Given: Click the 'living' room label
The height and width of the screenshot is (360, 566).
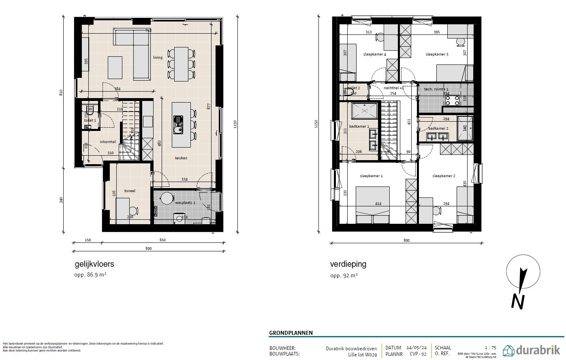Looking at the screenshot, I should tap(158, 58).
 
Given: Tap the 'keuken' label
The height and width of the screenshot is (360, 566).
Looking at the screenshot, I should tap(181, 158).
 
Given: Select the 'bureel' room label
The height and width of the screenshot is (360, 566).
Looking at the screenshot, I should tap(130, 191).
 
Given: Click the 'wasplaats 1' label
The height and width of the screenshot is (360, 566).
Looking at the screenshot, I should tap(185, 202).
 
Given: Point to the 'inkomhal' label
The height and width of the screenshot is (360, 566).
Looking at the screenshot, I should tap(108, 142).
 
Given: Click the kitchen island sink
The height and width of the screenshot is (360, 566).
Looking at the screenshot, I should tap(178, 125).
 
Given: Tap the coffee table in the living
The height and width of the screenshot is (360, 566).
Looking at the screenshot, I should tap(115, 67).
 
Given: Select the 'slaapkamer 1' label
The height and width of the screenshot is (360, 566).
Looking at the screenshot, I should tap(371, 176).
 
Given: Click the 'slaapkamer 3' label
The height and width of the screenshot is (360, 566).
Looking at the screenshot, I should tap(437, 54).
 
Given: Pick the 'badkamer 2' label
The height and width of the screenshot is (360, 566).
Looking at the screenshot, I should tap(438, 129).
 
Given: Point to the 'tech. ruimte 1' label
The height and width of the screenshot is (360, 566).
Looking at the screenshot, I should tap(436, 89).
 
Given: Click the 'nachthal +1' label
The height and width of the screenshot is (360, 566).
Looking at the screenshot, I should tap(393, 88).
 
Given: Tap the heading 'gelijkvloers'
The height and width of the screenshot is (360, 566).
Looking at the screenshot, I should tap(94, 264).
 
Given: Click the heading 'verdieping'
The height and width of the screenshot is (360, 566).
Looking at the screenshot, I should tap(348, 264).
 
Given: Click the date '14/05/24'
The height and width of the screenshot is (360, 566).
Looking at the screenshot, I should tap(417, 348).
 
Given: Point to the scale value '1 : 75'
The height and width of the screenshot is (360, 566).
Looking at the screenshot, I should tap(490, 348).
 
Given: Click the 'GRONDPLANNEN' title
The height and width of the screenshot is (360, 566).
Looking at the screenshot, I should tap(290, 333).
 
